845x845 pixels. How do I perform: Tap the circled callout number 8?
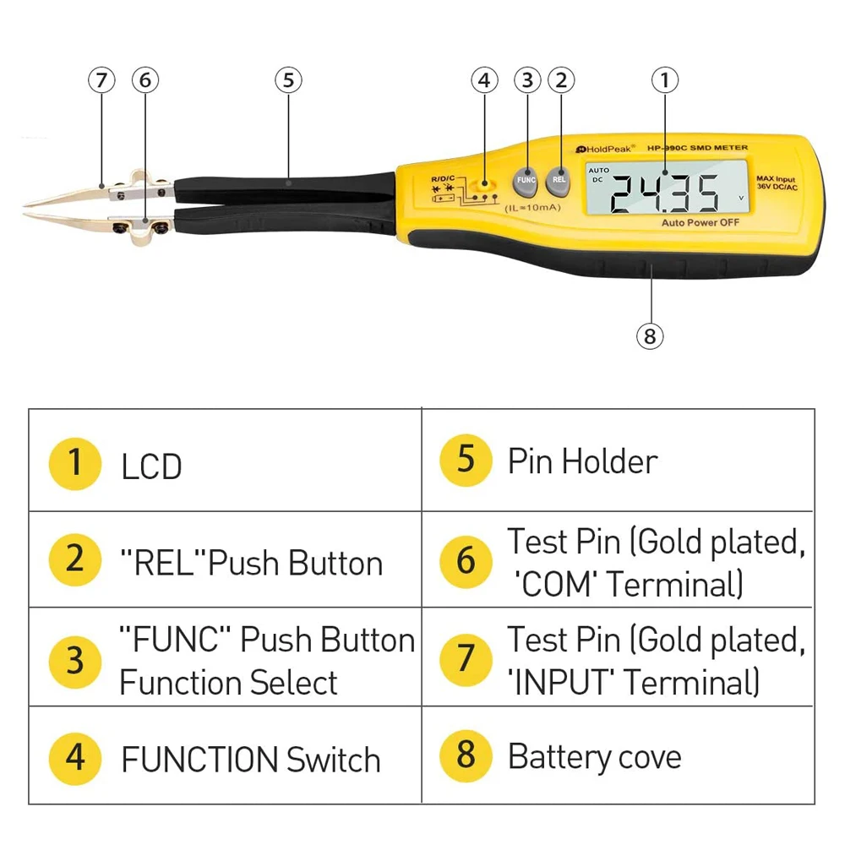click(649, 336)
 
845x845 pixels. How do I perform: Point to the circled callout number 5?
click(288, 80)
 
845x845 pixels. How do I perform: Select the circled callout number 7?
click(101, 80)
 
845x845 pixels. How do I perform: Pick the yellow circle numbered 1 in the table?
click(75, 463)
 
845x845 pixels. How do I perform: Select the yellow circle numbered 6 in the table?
click(466, 560)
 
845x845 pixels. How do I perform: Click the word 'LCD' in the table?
click(152, 466)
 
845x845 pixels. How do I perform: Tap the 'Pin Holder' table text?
click(582, 462)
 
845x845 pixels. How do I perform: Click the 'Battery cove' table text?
click(594, 757)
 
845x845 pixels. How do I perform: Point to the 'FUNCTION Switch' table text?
click(251, 760)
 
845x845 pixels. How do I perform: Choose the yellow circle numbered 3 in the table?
click(75, 660)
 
